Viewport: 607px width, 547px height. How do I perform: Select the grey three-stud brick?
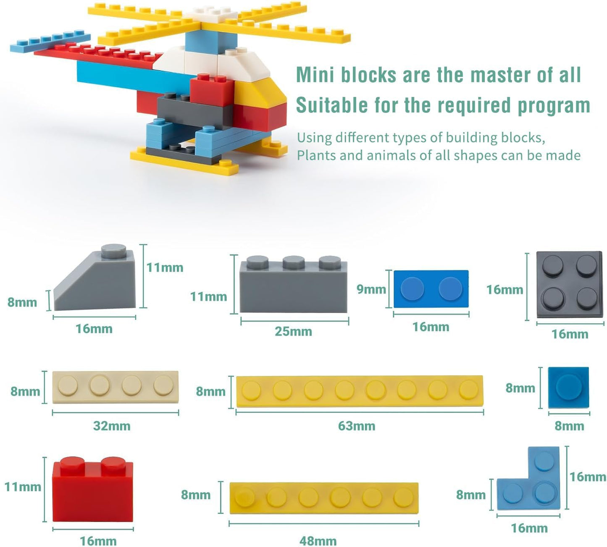[293, 287]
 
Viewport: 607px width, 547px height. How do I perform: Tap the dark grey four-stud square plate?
[569, 286]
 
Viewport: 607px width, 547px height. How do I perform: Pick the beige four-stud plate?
[115, 387]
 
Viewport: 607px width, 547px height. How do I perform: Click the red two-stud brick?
[92, 491]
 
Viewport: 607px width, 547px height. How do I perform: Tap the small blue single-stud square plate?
[568, 387]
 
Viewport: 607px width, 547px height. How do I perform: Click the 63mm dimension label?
[356, 426]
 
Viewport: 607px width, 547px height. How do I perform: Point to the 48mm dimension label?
[318, 541]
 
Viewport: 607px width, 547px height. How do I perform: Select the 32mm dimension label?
[111, 426]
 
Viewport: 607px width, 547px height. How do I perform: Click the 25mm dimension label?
[293, 331]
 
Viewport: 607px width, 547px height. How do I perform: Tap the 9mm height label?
[371, 289]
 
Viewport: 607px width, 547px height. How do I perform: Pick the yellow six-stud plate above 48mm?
[324, 498]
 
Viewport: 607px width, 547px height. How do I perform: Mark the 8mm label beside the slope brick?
[22, 302]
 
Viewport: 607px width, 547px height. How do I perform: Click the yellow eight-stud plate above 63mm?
[360, 391]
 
